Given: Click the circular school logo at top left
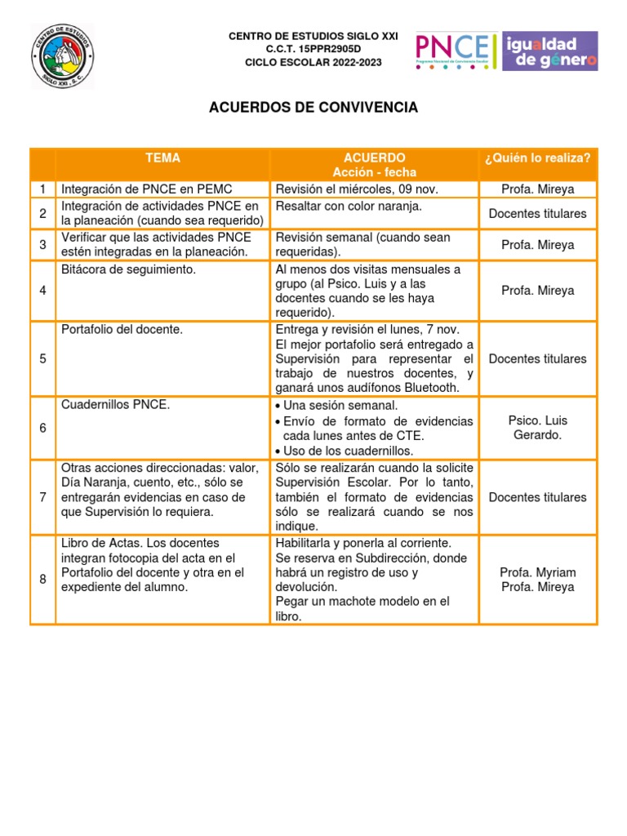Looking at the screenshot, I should (62, 56).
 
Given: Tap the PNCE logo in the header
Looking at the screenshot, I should (455, 51).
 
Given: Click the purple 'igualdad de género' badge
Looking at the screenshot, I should (549, 51).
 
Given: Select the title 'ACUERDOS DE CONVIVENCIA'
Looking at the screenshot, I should (313, 108).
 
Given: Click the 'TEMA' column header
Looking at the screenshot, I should (162, 158).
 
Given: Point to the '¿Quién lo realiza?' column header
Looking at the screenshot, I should (537, 158).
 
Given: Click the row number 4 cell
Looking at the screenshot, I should (42, 291).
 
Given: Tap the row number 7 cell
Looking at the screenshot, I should (42, 497).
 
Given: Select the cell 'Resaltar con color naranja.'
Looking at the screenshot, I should (349, 207).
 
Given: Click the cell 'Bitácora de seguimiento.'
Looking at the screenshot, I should (128, 269).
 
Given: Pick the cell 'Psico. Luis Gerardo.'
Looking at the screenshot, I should (537, 428).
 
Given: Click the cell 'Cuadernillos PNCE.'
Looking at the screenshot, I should (115, 406).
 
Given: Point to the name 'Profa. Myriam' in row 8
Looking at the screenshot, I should (537, 572).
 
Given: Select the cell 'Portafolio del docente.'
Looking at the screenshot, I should (122, 330).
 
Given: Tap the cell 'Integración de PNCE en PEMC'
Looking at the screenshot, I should (147, 189).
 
